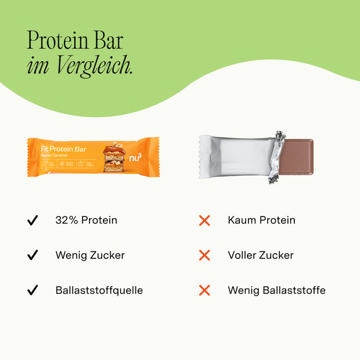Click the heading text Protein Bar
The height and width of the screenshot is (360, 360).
[75, 41]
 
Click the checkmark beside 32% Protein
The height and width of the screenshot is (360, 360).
[33, 221]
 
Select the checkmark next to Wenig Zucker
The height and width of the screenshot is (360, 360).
[33, 255]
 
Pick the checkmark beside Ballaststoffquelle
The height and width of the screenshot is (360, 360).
[33, 290]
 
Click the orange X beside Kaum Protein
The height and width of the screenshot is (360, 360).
[204, 221]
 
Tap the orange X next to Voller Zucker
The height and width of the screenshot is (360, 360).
[204, 255]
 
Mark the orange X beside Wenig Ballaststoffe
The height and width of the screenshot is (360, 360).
[204, 290]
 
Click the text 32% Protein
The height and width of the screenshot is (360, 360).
[87, 221]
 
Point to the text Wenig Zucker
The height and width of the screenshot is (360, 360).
[90, 255]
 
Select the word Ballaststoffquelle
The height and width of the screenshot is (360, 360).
[99, 290]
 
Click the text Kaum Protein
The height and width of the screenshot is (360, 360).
[262, 221]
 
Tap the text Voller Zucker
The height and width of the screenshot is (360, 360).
[261, 255]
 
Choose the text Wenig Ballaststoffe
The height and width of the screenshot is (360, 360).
[277, 290]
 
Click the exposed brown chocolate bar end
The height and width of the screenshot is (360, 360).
[298, 156]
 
